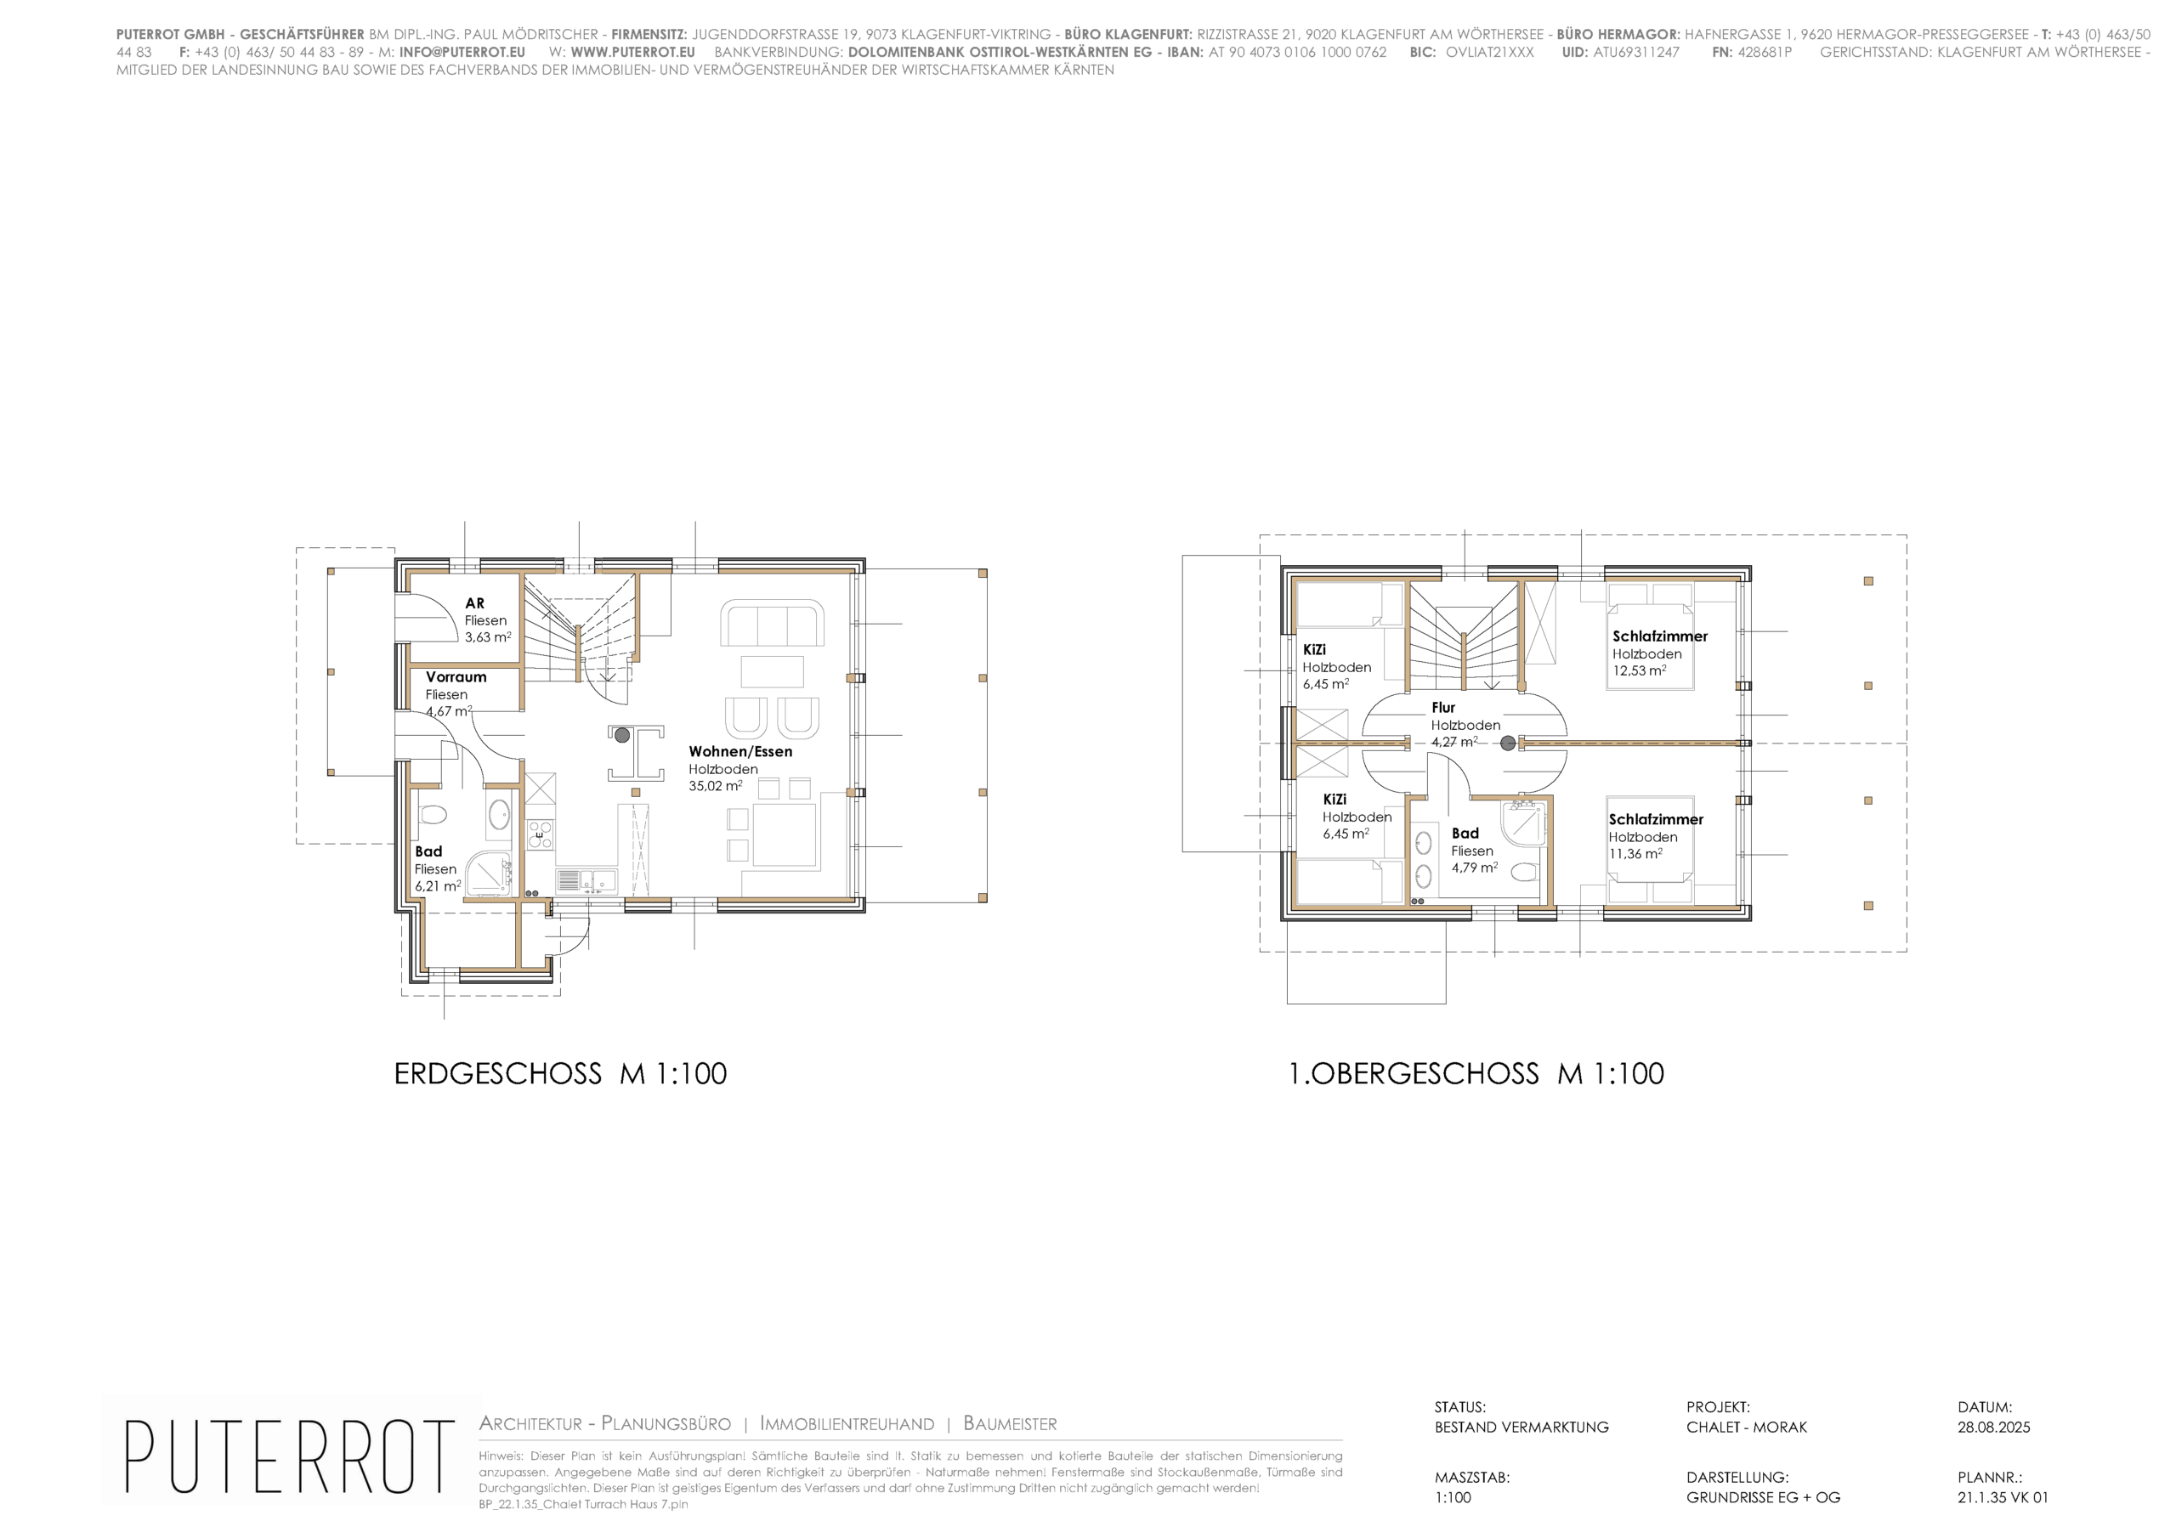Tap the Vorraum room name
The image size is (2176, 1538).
click(456, 676)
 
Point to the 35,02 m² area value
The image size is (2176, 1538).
click(716, 786)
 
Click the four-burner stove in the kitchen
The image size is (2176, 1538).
click(541, 836)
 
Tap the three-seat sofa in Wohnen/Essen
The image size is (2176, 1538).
click(772, 623)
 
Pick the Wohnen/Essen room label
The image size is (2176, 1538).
click(740, 751)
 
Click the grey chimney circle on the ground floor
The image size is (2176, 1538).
click(621, 734)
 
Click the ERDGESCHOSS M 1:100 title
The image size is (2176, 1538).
click(560, 1074)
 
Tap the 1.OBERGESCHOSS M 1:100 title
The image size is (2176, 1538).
click(1476, 1074)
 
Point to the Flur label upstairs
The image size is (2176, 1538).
click(1443, 707)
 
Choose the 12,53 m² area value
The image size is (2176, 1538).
click(1640, 670)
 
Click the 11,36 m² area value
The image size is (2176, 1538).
click(1635, 853)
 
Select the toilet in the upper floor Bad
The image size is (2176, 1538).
click(1523, 872)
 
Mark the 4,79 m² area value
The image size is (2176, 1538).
click(1475, 867)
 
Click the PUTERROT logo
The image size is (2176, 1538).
click(289, 1456)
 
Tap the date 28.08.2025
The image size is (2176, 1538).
click(1994, 1428)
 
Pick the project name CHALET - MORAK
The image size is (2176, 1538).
click(1747, 1428)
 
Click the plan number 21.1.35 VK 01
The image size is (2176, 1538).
click(2003, 1498)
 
